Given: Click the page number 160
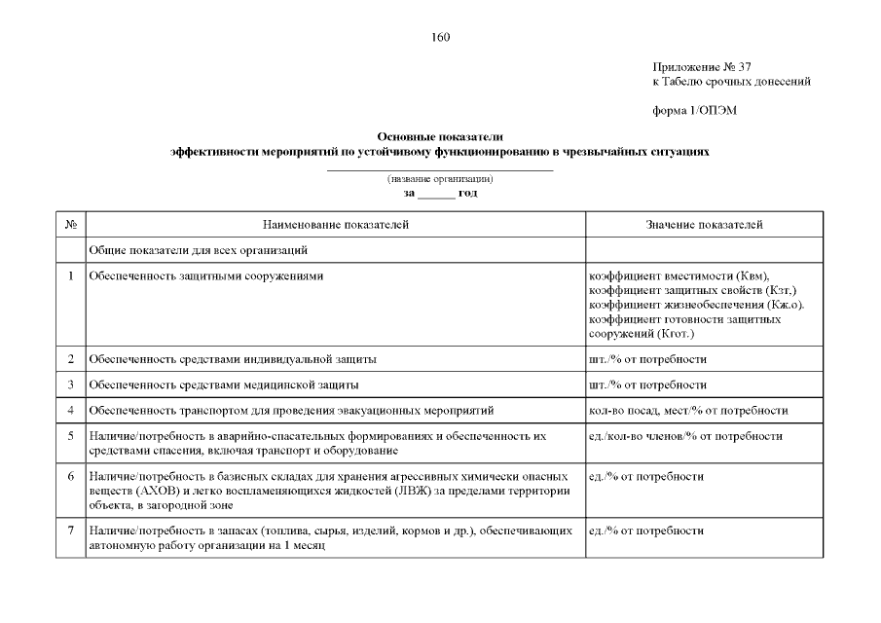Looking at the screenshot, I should click(440, 38).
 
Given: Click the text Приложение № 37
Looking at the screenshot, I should click(702, 67).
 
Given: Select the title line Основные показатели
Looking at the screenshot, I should click(440, 138).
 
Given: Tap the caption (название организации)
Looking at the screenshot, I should click(440, 179).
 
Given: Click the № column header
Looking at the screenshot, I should click(71, 225).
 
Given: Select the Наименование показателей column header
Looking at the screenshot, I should click(335, 225).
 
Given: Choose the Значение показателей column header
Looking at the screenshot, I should click(704, 225).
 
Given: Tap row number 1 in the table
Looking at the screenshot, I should click(71, 276).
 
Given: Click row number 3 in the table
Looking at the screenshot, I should click(71, 385).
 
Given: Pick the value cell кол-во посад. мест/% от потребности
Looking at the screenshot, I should click(688, 411).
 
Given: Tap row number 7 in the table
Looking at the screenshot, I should click(71, 531).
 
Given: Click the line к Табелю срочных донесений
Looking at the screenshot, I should click(731, 82).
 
